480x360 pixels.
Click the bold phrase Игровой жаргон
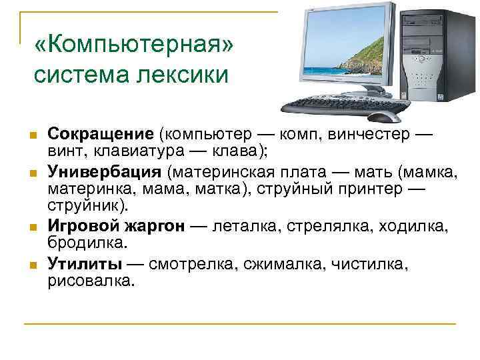pos(116,226)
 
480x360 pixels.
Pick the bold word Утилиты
pos(85,264)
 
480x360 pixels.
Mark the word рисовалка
pos(91,280)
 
